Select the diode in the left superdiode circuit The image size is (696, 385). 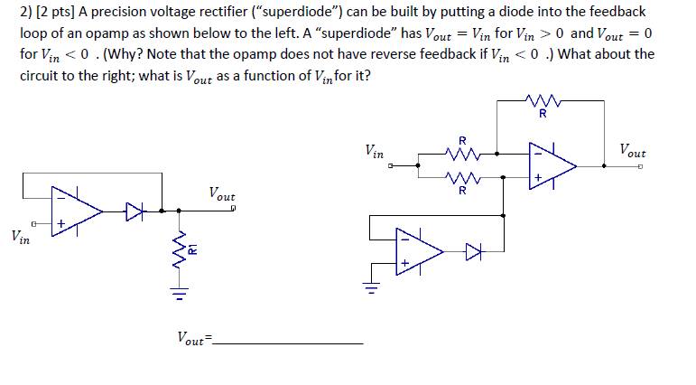point(135,213)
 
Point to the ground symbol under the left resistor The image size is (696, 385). point(180,294)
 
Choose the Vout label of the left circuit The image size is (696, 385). point(221,193)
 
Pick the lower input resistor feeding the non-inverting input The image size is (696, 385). point(462,178)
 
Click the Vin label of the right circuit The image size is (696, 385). point(375,151)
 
